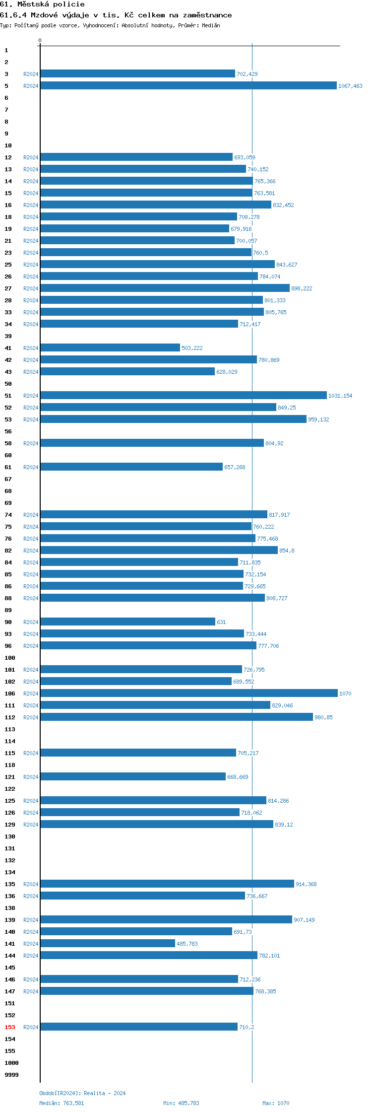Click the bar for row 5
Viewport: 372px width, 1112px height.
click(x=188, y=85)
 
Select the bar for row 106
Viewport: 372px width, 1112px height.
click(x=188, y=693)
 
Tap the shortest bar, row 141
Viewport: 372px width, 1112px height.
click(x=108, y=943)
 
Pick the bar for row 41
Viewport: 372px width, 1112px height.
click(x=110, y=347)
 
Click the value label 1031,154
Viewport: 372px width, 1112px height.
click(x=340, y=396)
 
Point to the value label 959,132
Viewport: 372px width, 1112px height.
click(x=318, y=419)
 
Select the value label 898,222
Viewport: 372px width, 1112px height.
click(x=302, y=288)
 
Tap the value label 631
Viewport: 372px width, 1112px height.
click(x=221, y=622)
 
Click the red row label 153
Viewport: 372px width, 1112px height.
click(x=10, y=1027)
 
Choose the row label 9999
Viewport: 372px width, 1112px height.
click(x=11, y=1075)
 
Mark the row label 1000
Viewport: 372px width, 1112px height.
click(x=11, y=1063)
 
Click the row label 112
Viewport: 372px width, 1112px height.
click(x=10, y=717)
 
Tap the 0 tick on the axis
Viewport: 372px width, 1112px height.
click(x=40, y=41)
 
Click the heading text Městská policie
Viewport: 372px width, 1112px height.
click(x=51, y=4)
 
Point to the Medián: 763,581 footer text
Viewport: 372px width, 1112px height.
click(x=62, y=1103)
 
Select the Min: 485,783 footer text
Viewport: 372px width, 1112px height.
click(x=181, y=1103)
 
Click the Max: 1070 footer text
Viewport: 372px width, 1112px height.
click(x=276, y=1103)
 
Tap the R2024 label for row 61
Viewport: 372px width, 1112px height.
click(x=31, y=467)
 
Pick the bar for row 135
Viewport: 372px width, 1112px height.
click(x=167, y=884)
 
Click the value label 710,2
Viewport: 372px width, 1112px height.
click(x=247, y=1027)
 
